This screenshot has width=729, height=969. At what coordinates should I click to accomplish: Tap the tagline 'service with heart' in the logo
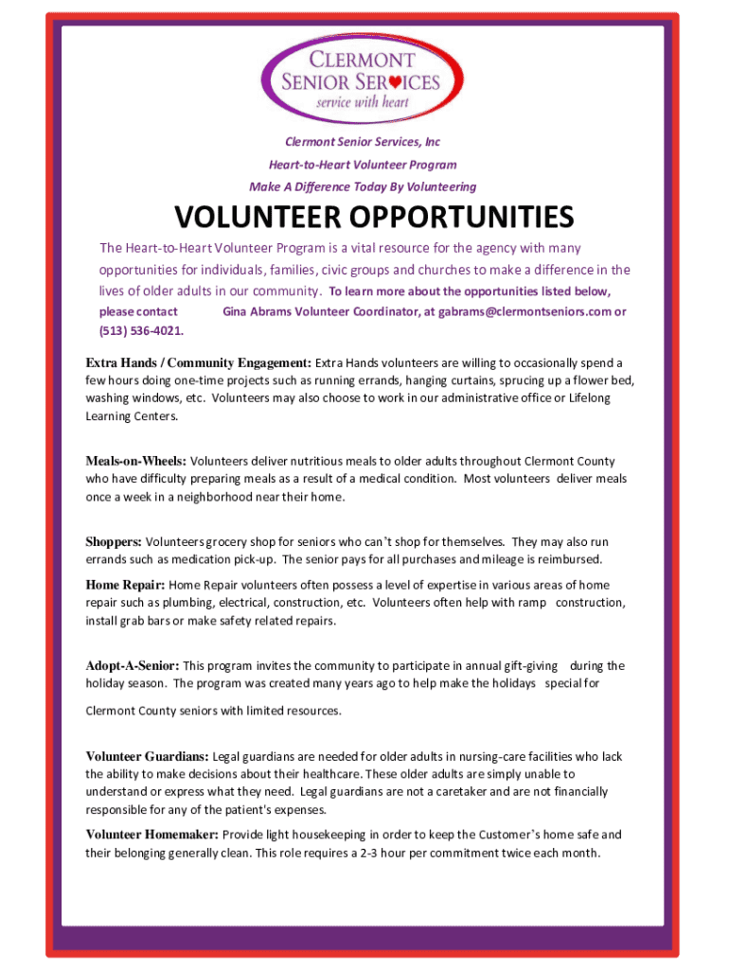[x=361, y=102]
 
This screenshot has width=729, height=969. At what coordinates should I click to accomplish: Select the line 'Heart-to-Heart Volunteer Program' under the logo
[x=364, y=165]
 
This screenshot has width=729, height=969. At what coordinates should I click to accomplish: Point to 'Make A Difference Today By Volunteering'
[x=364, y=186]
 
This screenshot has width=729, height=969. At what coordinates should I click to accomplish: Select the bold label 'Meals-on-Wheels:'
[x=136, y=462]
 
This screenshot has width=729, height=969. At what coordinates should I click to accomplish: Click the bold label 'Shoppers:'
[x=114, y=542]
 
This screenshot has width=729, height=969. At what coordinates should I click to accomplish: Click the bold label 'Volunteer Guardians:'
[x=148, y=757]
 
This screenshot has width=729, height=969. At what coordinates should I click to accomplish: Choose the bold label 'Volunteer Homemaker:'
[x=152, y=835]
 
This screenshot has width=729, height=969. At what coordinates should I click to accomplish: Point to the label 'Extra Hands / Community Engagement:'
[x=199, y=362]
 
